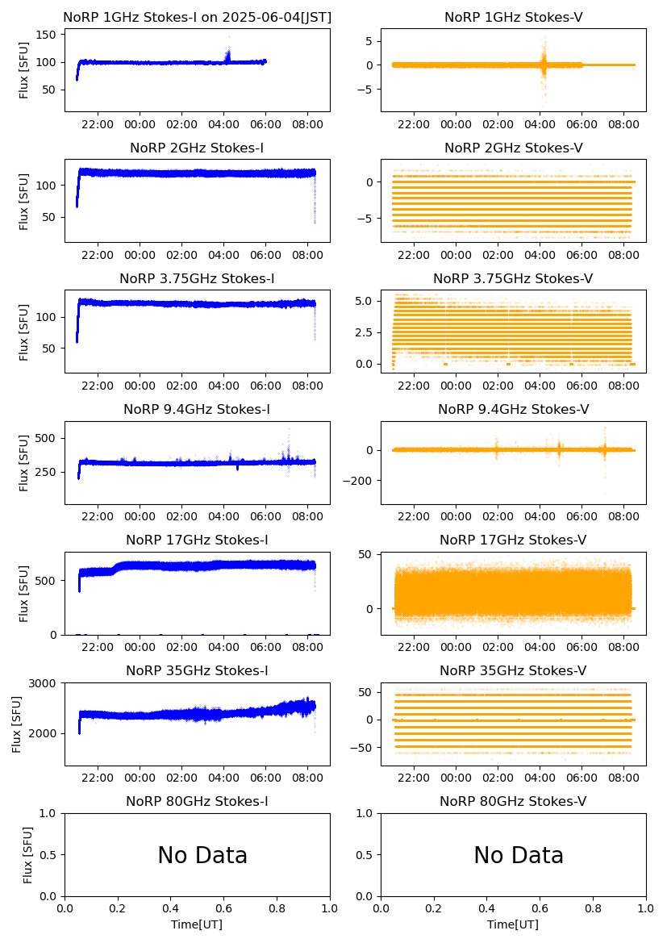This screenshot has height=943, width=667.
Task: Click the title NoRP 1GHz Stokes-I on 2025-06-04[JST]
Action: click(197, 17)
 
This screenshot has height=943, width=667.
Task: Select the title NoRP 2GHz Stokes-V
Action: click(513, 148)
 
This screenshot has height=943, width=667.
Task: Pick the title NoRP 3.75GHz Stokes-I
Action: click(197, 278)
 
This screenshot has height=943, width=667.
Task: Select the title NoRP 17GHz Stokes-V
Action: click(513, 540)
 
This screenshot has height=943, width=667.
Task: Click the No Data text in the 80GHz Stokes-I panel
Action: click(202, 856)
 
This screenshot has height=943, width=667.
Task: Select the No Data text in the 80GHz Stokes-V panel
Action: click(519, 856)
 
